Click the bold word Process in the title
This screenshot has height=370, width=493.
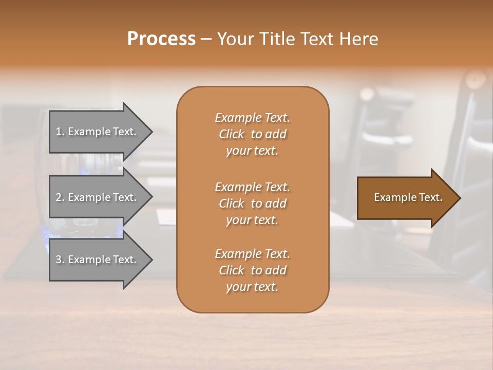pos(161,39)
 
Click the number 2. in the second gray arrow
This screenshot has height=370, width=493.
pos(60,197)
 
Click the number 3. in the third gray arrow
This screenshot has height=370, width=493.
pos(60,260)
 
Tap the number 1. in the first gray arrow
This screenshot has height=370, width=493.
pos(60,132)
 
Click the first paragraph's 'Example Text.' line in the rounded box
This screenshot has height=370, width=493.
pos(252,118)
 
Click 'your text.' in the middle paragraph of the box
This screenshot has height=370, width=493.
pos(252,220)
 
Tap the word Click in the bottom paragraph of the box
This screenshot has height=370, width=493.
pos(232,270)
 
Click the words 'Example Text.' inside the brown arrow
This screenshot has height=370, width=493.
pos(408,197)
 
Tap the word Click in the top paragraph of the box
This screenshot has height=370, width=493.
pos(232,134)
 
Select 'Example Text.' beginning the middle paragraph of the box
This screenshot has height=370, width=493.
pos(252,187)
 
